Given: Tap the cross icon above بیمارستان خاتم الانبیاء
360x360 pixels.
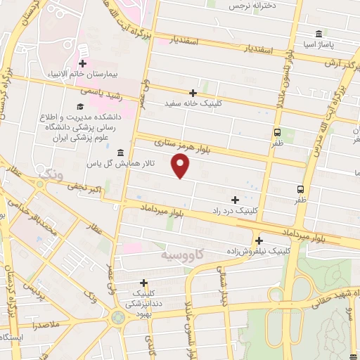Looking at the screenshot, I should tap(82, 64).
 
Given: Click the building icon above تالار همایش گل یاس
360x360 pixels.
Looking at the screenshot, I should tap(122, 153).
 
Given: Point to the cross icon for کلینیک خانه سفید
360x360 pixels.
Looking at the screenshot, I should tap(193, 92).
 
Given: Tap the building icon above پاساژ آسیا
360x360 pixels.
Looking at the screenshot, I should tap(319, 34).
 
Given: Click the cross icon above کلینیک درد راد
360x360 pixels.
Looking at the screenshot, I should tap(235, 200).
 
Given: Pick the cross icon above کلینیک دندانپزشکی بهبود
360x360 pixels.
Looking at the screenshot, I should tap(143, 283).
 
